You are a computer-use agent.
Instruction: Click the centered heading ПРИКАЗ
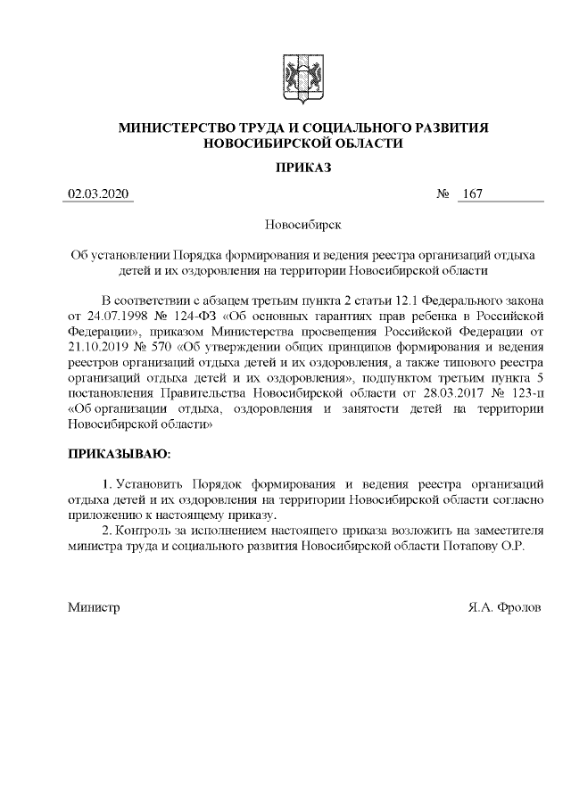302,167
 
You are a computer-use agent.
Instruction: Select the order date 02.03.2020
98,194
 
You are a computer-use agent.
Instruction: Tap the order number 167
472,194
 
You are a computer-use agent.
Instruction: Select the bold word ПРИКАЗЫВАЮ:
120,455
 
